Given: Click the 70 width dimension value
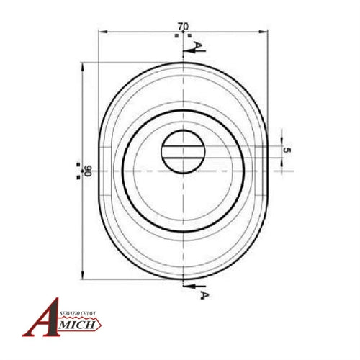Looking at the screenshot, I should click(x=178, y=26).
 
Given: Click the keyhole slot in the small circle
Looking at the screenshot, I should click(x=184, y=150).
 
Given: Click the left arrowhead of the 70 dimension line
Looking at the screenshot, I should click(x=102, y=32).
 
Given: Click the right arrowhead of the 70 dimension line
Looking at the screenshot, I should click(x=266, y=32).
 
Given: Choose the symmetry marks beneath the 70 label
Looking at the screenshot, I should click(x=184, y=35).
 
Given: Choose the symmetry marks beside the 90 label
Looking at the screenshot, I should click(x=78, y=171).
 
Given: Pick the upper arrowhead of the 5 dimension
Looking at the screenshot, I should click(x=283, y=141).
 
